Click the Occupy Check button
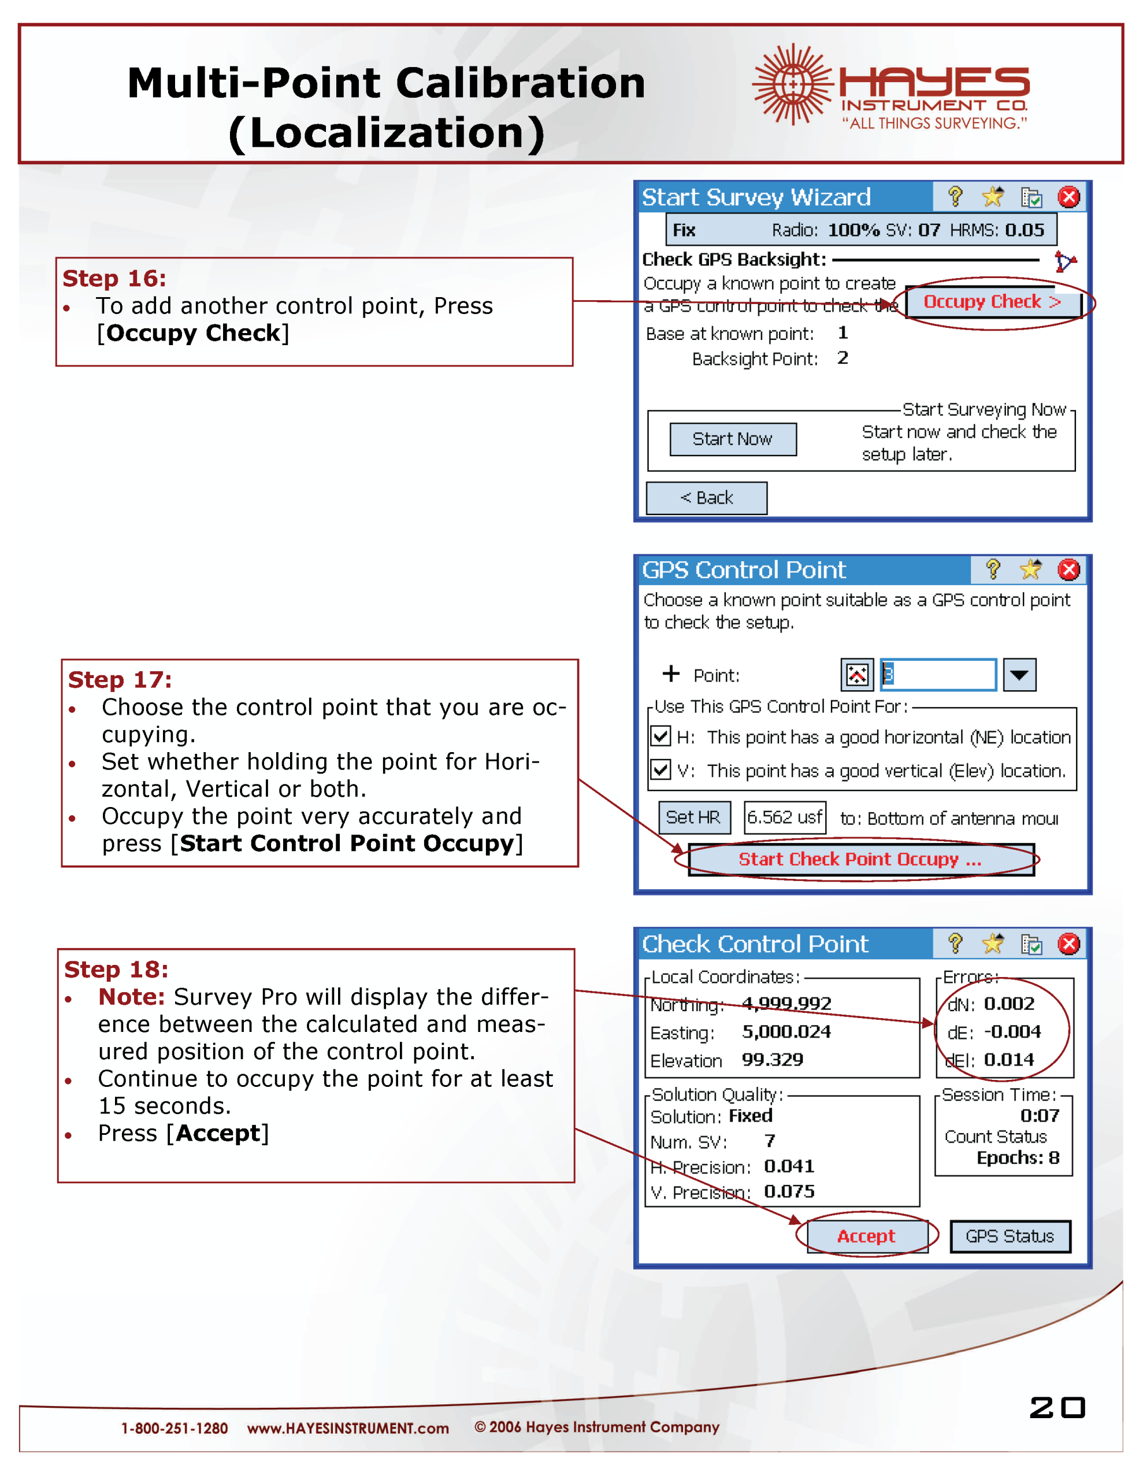[992, 302]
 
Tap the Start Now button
[732, 439]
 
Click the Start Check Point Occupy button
[860, 859]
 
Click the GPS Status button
[1010, 1236]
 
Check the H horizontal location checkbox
[660, 736]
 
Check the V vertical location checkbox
[660, 770]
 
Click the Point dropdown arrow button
[1019, 675]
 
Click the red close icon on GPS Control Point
[1068, 570]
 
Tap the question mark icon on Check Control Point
[955, 943]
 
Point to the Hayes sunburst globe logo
[792, 84]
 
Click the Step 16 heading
[114, 279]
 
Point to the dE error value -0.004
[1012, 1031]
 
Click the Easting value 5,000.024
[786, 1031]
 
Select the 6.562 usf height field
[785, 817]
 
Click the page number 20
[1056, 1408]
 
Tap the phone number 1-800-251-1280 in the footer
[174, 1429]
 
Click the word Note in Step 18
[131, 997]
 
